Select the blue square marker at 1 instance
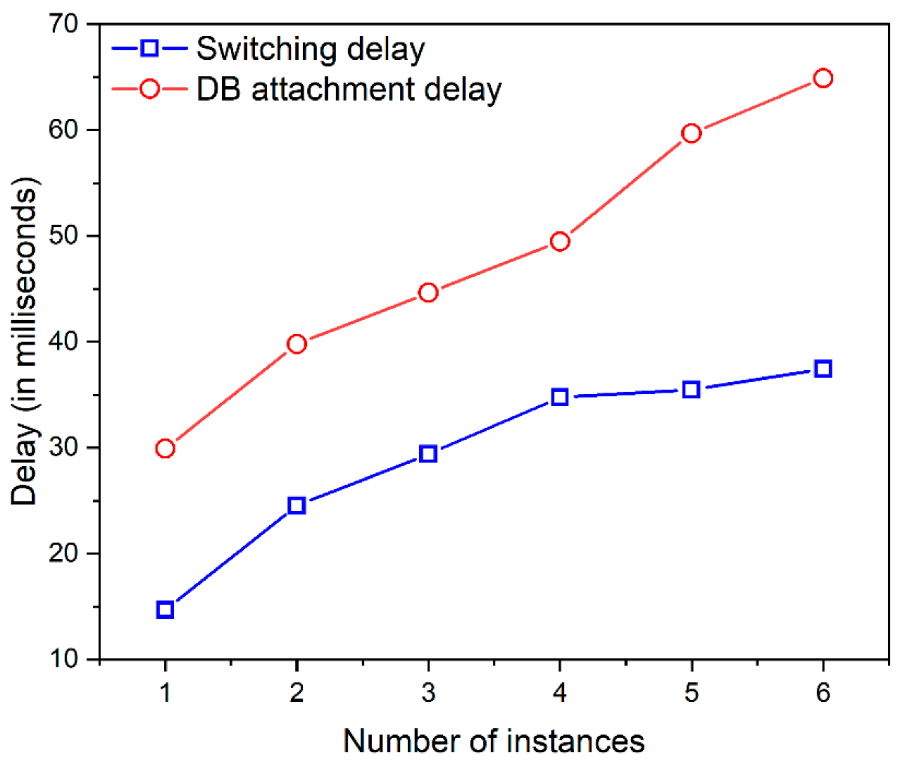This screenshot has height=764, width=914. coord(165,609)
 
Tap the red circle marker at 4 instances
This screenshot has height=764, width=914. coord(560,241)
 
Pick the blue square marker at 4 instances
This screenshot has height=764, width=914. coord(560,397)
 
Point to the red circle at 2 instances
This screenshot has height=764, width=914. coord(296,344)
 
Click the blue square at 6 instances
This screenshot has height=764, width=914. coord(823,369)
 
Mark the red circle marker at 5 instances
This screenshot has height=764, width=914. coord(691,133)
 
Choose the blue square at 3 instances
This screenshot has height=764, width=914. coord(428,454)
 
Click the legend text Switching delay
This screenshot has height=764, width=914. coord(310,49)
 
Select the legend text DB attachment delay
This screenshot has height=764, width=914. coord(349,90)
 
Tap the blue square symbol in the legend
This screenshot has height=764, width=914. coord(149,48)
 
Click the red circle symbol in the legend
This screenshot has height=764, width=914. coord(149,89)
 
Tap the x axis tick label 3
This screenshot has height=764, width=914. coord(428,692)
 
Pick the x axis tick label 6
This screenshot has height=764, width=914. coord(823,692)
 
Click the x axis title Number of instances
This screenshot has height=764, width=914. coord(493,740)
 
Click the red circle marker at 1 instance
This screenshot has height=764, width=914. coord(165,448)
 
